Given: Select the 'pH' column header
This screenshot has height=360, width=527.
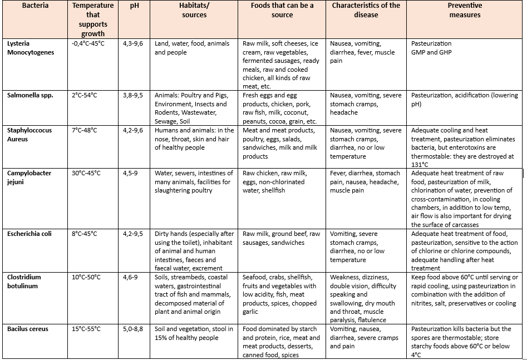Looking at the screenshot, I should [x=126, y=6].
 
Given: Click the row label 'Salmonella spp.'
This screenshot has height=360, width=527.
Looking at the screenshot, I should [x=30, y=95].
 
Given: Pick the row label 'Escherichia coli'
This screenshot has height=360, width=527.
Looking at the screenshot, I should [x=29, y=234].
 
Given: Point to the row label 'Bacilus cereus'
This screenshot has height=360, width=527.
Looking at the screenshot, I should [x=27, y=329].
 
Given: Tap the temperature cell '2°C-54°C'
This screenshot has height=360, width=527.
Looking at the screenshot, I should [x=85, y=95].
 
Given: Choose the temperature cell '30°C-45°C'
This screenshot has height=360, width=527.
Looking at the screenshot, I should [x=87, y=173].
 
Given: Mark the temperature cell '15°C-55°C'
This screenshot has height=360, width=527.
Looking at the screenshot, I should [x=87, y=329].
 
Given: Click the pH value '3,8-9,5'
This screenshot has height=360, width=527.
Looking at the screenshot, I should [x=133, y=95].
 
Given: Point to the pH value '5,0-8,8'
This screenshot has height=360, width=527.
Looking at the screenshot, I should [x=133, y=329].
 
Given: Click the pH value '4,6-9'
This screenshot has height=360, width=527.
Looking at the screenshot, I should [x=130, y=277].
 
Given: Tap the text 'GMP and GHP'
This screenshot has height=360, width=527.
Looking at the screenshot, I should [x=431, y=52].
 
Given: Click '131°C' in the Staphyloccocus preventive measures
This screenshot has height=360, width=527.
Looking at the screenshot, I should [x=420, y=164].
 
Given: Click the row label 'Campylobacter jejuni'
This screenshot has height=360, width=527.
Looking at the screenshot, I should [x=29, y=177].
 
